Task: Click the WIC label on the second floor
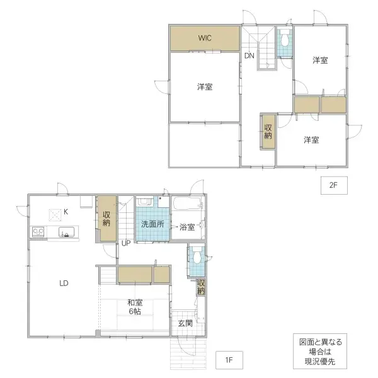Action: [x=204, y=38]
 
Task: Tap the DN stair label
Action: [x=249, y=56]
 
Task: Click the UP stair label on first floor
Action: [x=126, y=243]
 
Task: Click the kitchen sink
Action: [x=66, y=232]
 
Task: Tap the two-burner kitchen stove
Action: [x=38, y=232]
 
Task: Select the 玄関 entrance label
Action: [x=185, y=323]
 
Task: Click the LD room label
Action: [x=64, y=283]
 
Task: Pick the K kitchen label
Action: [x=83, y=212]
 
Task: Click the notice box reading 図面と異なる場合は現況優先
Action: [x=321, y=352]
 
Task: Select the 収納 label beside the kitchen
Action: [x=107, y=219]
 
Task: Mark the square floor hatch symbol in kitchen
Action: [x=55, y=214]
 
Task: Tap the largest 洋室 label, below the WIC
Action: [x=204, y=87]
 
